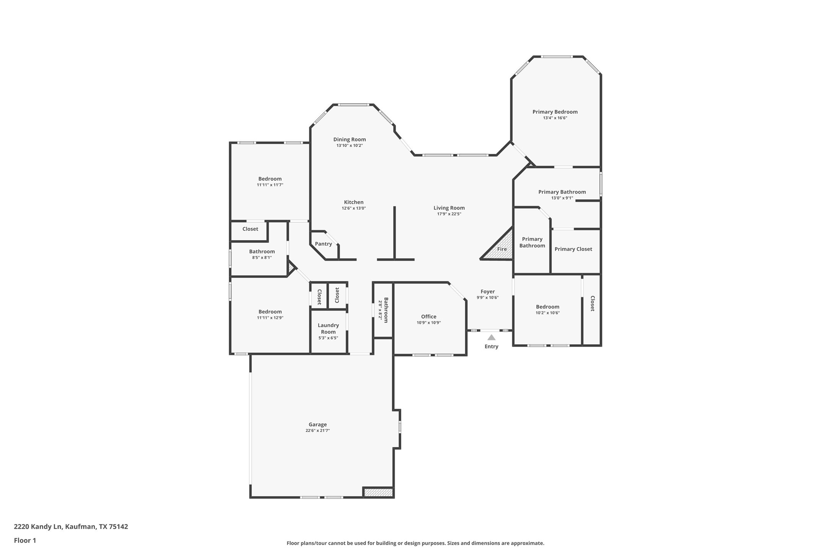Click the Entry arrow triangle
point(491,337)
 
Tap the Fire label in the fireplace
point(502,249)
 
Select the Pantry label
point(323,244)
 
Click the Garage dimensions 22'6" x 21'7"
point(318,430)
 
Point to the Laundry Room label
point(328,329)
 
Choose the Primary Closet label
point(573,249)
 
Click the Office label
point(429,316)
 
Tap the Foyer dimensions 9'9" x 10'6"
point(487,298)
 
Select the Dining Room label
point(349,139)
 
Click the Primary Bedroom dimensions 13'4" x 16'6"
point(555,118)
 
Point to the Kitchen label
point(354,202)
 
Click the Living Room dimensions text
point(449,214)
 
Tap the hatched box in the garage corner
point(378,492)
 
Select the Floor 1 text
point(25,541)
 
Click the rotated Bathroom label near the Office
point(386,310)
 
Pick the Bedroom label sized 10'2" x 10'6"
point(547,306)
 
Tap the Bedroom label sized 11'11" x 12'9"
point(270,311)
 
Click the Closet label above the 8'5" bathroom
point(250,229)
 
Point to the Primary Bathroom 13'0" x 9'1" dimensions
point(562,198)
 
